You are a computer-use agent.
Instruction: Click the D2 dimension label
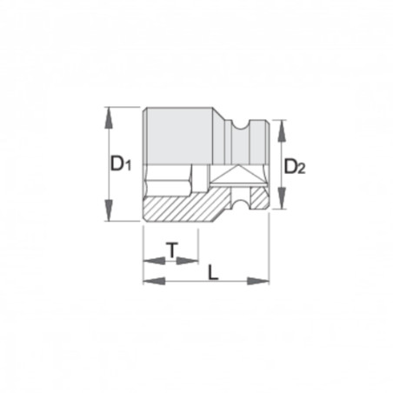296,165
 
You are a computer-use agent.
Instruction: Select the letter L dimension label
214,271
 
